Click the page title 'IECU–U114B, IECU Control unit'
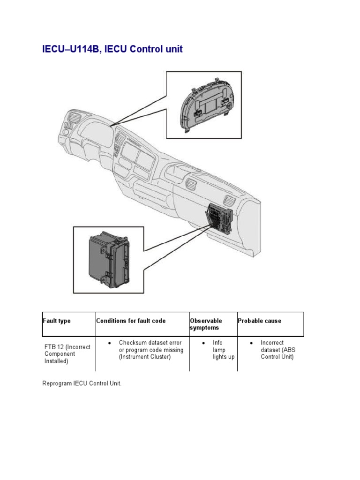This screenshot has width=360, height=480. [112, 49]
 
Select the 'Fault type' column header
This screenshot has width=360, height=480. [57, 321]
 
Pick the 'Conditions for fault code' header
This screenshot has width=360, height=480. [131, 321]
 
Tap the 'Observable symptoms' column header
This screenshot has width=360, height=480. [206, 324]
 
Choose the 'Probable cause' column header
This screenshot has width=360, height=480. [259, 321]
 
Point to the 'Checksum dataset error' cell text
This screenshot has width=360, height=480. [150, 343]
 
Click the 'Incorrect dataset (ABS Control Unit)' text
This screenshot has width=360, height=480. [277, 350]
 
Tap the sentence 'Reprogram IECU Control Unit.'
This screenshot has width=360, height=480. [82, 383]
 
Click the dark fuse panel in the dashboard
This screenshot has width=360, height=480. [219, 217]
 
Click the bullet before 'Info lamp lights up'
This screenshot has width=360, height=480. [203, 343]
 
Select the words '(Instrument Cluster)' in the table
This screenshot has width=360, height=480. [143, 357]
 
